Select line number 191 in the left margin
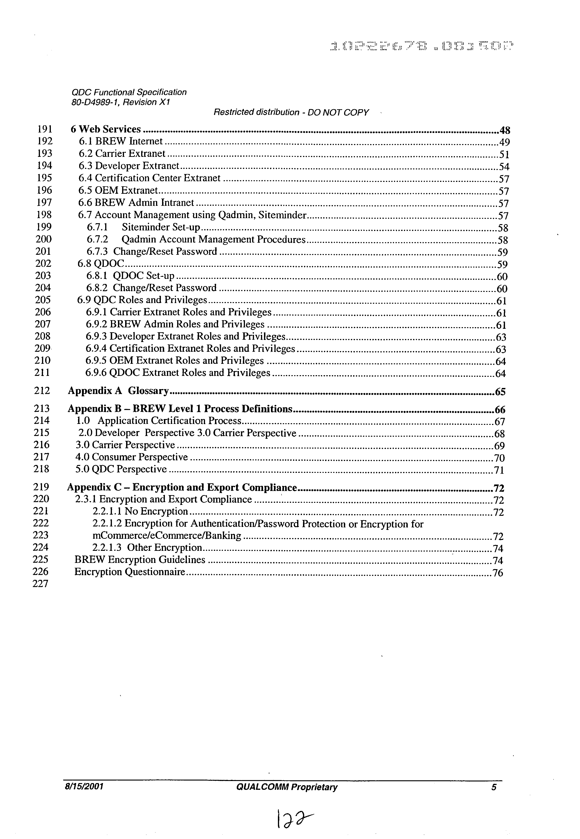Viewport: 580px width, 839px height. tap(45, 129)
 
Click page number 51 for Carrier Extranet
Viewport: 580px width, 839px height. tap(504, 155)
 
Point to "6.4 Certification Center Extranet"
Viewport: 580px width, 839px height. tap(149, 178)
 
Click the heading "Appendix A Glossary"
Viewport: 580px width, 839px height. tap(118, 391)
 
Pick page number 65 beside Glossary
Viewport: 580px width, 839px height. tap(500, 392)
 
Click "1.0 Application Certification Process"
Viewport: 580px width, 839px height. tap(158, 421)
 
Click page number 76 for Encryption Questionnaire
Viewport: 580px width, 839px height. tap(498, 573)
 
